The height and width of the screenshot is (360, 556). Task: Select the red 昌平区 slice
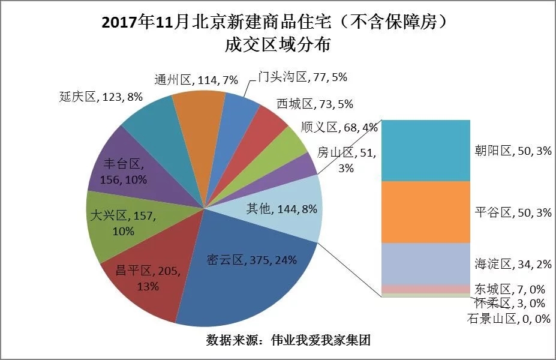(141, 276)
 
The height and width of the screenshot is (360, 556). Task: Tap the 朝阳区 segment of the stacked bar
(426, 150)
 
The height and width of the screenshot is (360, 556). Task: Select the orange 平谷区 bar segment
(426, 212)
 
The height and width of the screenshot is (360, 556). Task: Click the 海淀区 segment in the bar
(426, 263)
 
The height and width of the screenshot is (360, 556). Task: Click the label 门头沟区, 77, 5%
(303, 77)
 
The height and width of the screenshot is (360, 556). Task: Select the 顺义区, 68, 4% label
(339, 127)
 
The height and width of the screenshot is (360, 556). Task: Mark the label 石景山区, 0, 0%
(508, 319)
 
